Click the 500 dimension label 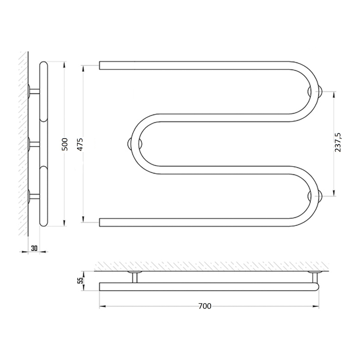pos(65,144)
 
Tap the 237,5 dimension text pos(338,142)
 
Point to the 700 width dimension pos(205,306)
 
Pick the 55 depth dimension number pos(80,280)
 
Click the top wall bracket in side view pos(34,91)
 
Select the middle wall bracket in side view pos(34,144)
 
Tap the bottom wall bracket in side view pos(34,197)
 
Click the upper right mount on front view pos(315,91)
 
